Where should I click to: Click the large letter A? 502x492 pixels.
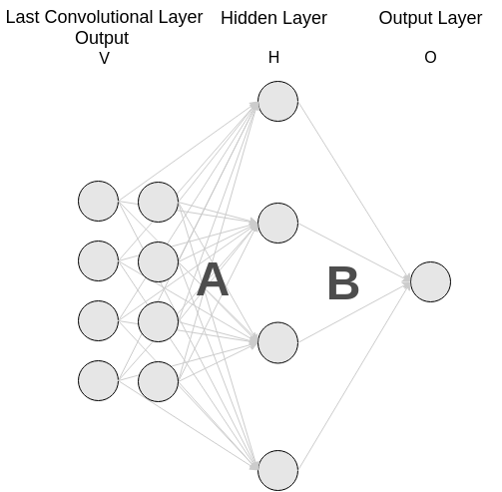tap(213, 279)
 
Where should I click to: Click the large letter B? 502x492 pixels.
tap(343, 283)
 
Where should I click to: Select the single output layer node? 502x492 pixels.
tap(430, 281)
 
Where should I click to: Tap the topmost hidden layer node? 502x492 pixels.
tap(277, 101)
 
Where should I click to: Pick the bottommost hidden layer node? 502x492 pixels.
tap(277, 470)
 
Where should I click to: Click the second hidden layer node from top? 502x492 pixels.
tap(277, 223)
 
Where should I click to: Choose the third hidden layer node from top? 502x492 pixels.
tap(277, 342)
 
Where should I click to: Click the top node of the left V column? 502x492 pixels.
tap(99, 201)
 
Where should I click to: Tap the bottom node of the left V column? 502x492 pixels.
tap(99, 380)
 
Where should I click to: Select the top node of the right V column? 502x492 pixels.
tap(158, 202)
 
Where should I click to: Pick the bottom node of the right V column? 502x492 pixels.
tap(158, 381)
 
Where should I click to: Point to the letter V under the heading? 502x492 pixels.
tap(104, 59)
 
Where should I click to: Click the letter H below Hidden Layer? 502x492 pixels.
tap(273, 58)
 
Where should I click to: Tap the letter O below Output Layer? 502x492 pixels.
tap(430, 58)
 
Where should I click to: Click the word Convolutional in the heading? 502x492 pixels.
tap(99, 17)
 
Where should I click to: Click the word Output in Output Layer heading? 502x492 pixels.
tap(402, 18)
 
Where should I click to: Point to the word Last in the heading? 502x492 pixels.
tap(23, 17)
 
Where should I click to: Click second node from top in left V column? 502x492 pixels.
tap(99, 260)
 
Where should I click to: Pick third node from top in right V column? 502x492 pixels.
tap(158, 321)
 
